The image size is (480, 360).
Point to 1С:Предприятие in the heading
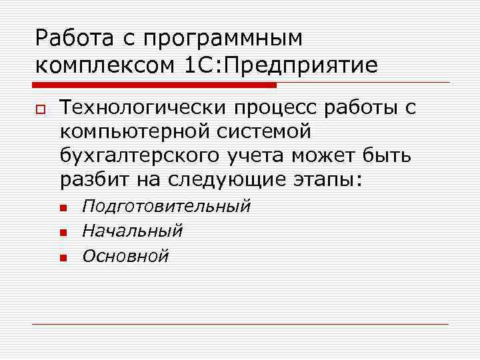[279, 65]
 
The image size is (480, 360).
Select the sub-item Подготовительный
[166, 206]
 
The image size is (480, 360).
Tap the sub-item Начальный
[132, 231]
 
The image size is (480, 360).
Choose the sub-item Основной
[125, 255]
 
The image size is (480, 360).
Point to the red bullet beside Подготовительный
[63, 208]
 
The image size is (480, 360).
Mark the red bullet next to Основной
[63, 257]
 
